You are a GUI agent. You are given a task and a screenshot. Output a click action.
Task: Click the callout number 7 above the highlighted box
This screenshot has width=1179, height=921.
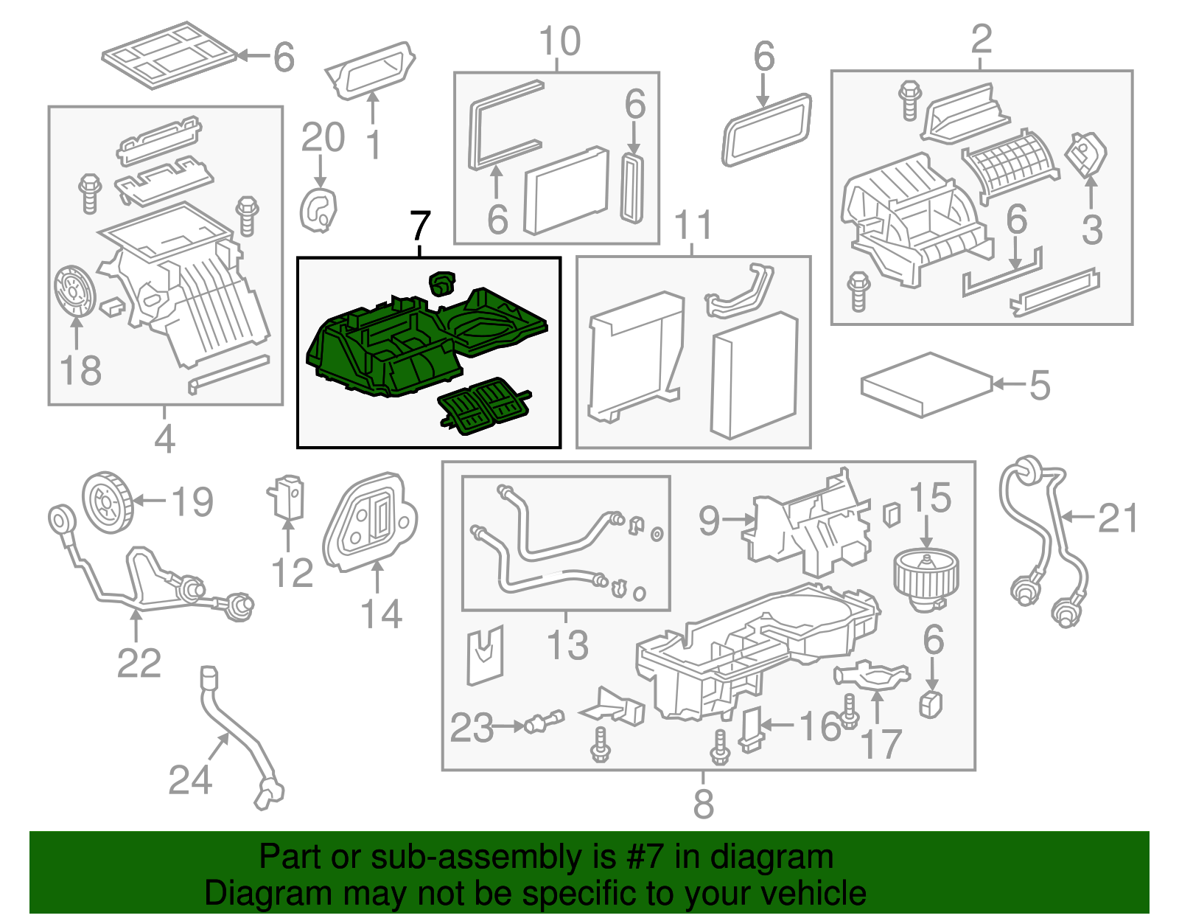[419, 226]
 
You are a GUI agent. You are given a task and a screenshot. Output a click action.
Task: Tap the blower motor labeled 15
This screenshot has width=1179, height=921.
[925, 580]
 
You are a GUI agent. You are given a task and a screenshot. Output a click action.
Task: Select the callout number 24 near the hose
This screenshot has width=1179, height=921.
[190, 780]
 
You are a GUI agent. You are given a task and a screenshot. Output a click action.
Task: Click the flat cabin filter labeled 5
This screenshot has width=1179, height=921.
[926, 384]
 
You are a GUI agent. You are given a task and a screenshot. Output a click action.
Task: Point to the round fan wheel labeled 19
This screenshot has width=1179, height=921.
[107, 501]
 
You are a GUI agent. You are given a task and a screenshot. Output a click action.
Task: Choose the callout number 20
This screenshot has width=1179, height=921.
[323, 138]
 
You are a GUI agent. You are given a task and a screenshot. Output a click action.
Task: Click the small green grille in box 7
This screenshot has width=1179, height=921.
[483, 406]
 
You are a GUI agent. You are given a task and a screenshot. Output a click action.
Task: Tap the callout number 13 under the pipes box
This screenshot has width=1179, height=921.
[567, 645]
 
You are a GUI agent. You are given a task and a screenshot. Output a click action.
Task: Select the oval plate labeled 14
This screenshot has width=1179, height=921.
[370, 521]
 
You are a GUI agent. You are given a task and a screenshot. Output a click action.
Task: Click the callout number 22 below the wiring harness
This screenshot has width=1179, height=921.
[139, 663]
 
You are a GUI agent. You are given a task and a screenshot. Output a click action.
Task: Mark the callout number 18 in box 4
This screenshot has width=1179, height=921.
[80, 369]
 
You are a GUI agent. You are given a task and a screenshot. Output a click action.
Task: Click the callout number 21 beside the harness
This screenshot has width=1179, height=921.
[1118, 518]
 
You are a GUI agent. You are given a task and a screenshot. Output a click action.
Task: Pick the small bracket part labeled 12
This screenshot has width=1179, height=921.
[287, 497]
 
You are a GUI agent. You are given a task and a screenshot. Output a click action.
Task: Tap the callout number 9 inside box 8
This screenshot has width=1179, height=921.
[708, 521]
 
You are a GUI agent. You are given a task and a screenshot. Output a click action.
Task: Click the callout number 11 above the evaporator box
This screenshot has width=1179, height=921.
[693, 225]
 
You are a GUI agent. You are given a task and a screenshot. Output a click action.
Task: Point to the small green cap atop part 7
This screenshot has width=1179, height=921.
[442, 282]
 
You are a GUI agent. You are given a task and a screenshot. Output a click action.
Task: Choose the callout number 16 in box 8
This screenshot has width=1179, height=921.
[819, 726]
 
